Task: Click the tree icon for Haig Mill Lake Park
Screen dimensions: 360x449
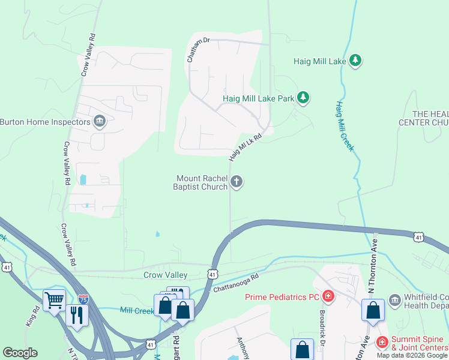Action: [303, 98]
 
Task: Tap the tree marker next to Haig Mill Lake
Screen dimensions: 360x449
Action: [356, 61]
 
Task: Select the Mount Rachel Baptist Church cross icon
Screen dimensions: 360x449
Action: [237, 182]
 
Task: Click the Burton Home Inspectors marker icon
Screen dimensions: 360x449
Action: [100, 122]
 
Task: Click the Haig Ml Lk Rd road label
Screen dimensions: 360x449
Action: [245, 147]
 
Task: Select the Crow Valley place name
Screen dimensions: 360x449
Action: [165, 275]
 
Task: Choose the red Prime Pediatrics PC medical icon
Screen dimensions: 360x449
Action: [328, 296]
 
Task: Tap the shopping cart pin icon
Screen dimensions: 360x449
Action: [54, 299]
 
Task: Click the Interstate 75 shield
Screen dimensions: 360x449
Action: [83, 298]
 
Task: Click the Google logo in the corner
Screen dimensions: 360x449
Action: [20, 353]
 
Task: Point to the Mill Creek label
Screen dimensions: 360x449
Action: [137, 310]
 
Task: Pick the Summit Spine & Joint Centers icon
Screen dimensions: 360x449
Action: [382, 342]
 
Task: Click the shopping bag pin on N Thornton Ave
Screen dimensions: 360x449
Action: [373, 310]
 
